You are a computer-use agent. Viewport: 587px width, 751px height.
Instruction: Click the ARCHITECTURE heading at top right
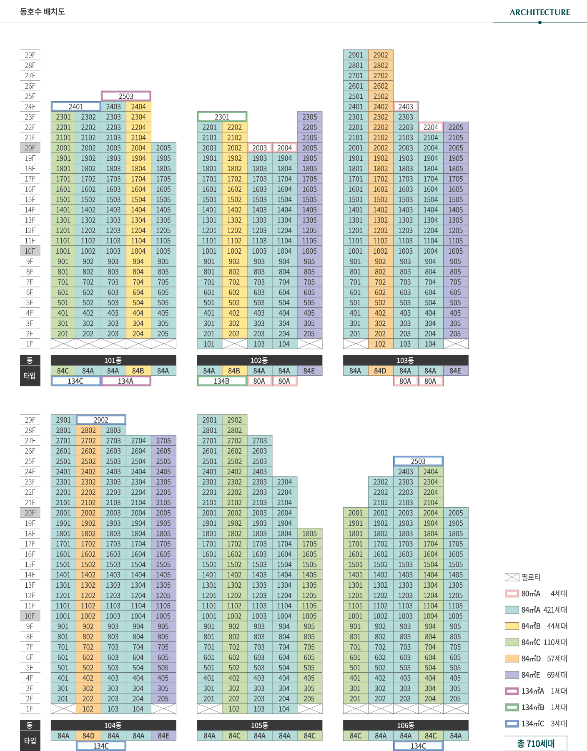pyautogui.click(x=539, y=12)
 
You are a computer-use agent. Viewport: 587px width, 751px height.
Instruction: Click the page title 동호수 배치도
pyautogui.click(x=43, y=12)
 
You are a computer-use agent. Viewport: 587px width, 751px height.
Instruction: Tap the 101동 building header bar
pyautogui.click(x=113, y=360)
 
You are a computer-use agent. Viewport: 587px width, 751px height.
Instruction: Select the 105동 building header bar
pyautogui.click(x=259, y=725)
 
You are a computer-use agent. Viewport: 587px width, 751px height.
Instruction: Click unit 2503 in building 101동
pyautogui.click(x=126, y=96)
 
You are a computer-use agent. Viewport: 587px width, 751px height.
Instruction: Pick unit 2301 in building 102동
pyautogui.click(x=222, y=117)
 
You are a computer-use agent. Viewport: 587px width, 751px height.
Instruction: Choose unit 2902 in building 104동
pyautogui.click(x=101, y=420)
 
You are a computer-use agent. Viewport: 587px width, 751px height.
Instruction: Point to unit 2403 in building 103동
pyautogui.click(x=406, y=107)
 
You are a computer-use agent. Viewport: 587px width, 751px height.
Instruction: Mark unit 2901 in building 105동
pyautogui.click(x=209, y=420)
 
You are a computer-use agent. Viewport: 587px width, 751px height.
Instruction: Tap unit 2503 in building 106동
pyautogui.click(x=418, y=461)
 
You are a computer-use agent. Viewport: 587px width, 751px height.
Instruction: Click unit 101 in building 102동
pyautogui.click(x=209, y=344)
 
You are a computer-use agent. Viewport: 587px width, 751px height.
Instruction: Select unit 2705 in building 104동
pyautogui.click(x=163, y=441)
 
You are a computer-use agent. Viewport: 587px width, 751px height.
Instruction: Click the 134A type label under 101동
pyautogui.click(x=125, y=381)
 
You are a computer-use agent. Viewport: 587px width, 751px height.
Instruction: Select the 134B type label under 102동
pyautogui.click(x=221, y=381)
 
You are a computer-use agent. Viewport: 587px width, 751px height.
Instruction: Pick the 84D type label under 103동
pyautogui.click(x=380, y=371)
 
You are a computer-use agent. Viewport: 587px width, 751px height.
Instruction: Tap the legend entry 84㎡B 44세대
pyautogui.click(x=536, y=626)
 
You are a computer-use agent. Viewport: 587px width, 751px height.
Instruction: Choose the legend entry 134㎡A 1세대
pyautogui.click(x=536, y=691)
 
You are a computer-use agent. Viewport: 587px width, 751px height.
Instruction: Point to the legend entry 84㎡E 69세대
pyautogui.click(x=536, y=675)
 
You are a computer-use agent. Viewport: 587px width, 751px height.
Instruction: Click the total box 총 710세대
pyautogui.click(x=536, y=744)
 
